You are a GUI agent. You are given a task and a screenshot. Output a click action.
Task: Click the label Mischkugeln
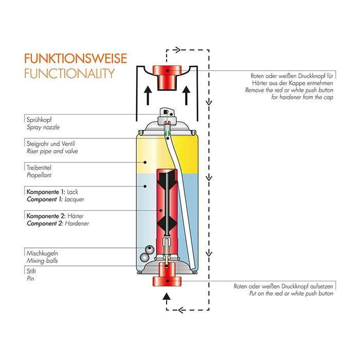point(42,253)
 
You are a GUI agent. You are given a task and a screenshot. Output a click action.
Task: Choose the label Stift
point(30,271)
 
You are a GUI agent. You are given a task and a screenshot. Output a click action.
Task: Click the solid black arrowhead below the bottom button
point(166,297)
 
